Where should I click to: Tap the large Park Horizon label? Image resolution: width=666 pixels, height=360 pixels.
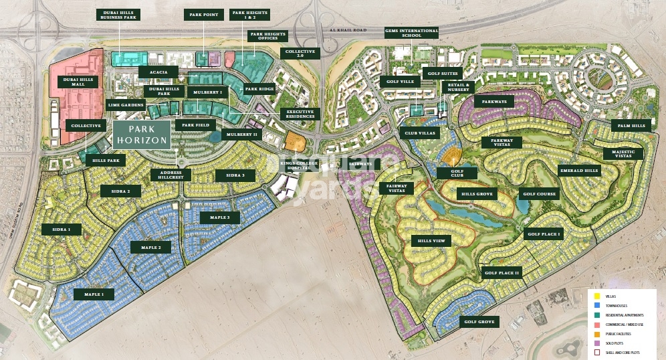click(141, 134)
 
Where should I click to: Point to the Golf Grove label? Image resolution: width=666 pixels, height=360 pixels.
click(480, 322)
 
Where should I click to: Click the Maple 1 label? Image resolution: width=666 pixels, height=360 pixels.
click(94, 294)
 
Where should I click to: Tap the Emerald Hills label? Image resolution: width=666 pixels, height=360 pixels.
click(579, 171)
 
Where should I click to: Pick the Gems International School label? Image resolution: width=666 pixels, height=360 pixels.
click(411, 33)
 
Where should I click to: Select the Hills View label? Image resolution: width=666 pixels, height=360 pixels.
click(434, 241)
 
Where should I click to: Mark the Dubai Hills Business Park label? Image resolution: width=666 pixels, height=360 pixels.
click(118, 15)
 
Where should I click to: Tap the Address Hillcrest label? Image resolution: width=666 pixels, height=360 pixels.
click(171, 175)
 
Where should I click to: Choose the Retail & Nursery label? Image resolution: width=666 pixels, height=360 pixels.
click(458, 88)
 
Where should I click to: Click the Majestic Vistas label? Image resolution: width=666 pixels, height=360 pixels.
click(623, 153)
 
